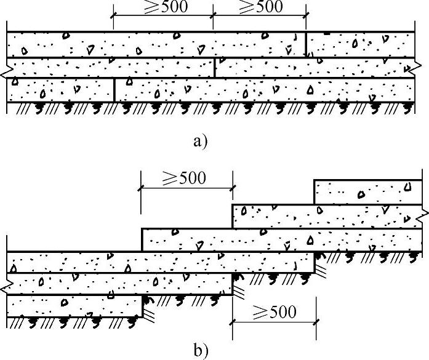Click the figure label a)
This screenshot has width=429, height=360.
coord(201,142)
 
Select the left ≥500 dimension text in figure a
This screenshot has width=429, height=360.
coord(163,7)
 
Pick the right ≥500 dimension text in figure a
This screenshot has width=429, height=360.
coord(259,7)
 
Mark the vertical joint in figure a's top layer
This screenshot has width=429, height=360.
coord(306,45)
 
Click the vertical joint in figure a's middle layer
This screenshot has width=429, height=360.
coord(214,68)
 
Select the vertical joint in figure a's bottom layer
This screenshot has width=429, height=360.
coord(114,89)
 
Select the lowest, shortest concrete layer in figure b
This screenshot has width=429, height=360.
coord(74,304)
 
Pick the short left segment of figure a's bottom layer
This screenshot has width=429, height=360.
coord(60,89)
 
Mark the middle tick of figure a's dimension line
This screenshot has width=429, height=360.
coord(214,20)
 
